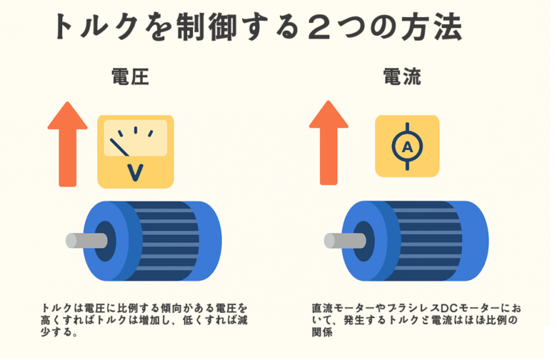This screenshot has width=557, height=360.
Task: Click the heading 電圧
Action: pos(131,76)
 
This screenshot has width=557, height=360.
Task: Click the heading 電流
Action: pos(402,76)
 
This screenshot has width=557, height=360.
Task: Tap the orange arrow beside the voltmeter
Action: pos(68,144)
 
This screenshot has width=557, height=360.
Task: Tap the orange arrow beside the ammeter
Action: pos(328,143)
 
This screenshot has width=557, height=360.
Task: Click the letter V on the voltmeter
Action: pos(136,173)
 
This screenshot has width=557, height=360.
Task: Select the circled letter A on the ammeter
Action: pos(407,146)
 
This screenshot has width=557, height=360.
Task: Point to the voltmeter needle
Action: pos(119,147)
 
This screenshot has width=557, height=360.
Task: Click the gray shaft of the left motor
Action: pos(86,241)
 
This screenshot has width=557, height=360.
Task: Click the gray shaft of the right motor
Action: pos(345,241)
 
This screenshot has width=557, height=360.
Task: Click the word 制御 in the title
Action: pos(206,27)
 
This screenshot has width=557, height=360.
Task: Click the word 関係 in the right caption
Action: pos(322,332)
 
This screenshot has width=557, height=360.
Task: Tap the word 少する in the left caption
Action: pos(56,332)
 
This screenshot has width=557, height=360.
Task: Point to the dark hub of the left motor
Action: pos(105,241)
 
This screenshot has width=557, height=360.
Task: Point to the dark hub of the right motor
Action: pos(363,241)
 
